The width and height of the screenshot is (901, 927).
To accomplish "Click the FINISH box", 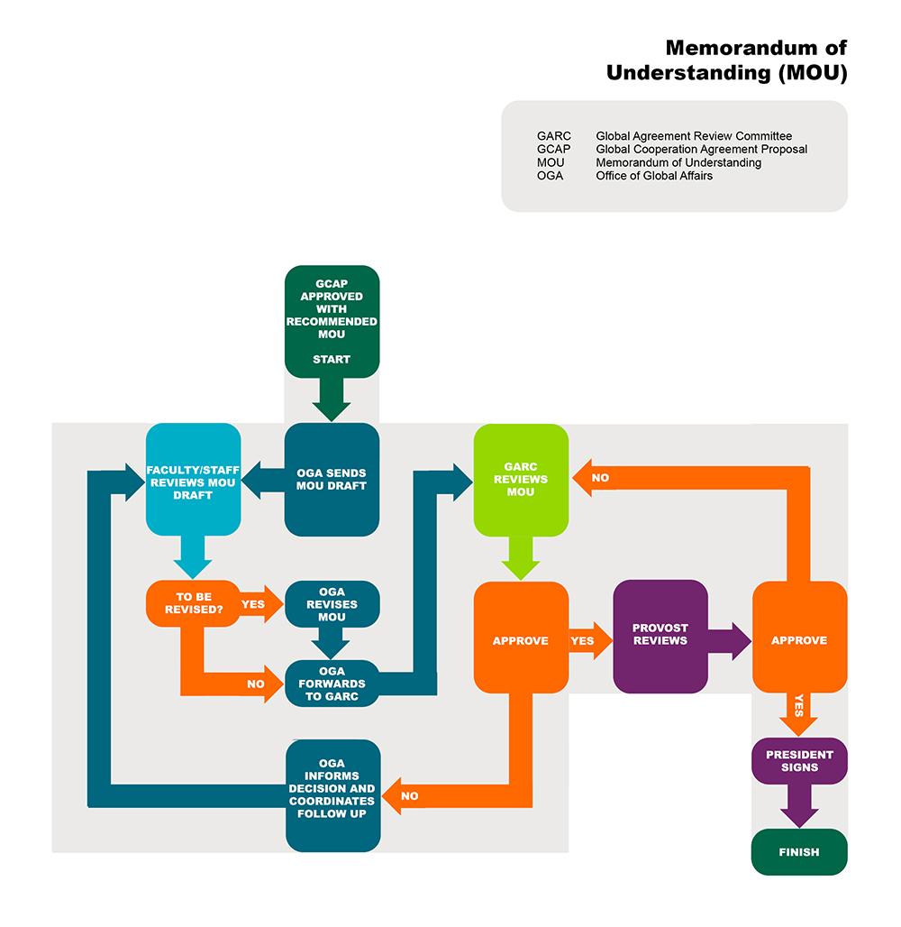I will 799,851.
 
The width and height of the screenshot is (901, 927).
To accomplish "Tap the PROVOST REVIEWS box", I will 660,635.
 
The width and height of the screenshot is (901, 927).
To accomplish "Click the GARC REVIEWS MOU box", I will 521,480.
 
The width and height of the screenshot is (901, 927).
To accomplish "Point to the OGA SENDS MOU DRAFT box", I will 332,479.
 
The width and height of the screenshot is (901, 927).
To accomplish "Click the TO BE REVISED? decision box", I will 193,603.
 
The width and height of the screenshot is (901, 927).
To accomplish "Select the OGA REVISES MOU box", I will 332,603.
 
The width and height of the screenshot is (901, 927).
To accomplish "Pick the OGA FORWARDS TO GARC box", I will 332,684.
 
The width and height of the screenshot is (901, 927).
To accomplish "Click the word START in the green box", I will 332,359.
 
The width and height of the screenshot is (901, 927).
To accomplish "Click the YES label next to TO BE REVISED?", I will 254,604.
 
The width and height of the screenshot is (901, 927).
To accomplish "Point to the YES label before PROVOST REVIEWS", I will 583,641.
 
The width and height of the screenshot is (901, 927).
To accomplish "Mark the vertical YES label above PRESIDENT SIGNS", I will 798,704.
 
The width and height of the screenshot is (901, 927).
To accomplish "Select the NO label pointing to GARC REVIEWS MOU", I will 600,478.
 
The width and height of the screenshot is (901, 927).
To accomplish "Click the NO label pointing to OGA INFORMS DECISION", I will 410,796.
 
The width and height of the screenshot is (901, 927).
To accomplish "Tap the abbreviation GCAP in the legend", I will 553,149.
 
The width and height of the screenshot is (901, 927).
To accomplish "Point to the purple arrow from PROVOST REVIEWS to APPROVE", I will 729,641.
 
